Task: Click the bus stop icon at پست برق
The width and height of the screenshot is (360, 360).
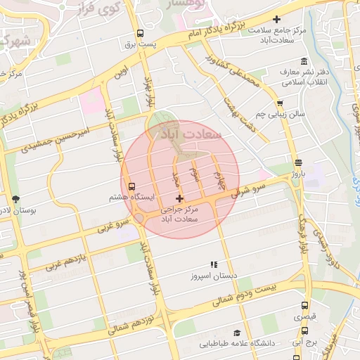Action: (x=140, y=33)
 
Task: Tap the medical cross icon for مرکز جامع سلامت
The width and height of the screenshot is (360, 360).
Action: (x=276, y=19)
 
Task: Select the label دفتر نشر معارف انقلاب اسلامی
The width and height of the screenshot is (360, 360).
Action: (x=304, y=77)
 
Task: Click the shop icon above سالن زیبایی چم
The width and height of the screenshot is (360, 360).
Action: (x=280, y=103)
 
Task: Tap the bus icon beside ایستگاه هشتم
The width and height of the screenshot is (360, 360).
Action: (x=133, y=187)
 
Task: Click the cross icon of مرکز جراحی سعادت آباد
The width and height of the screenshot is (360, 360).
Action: (x=180, y=199)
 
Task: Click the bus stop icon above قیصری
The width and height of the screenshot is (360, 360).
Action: (x=304, y=306)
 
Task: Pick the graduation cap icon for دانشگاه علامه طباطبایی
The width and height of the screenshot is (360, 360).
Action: (x=237, y=333)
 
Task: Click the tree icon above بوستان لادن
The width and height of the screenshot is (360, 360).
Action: (x=16, y=199)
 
